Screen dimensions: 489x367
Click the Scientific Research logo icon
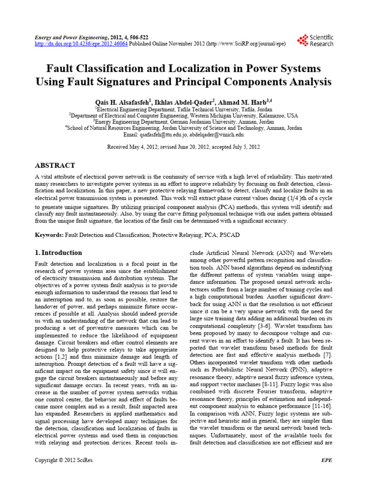(x=302, y=41)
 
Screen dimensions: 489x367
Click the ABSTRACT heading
(x=55, y=165)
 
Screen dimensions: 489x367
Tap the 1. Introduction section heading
(x=59, y=253)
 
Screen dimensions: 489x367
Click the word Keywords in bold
(x=49, y=235)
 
